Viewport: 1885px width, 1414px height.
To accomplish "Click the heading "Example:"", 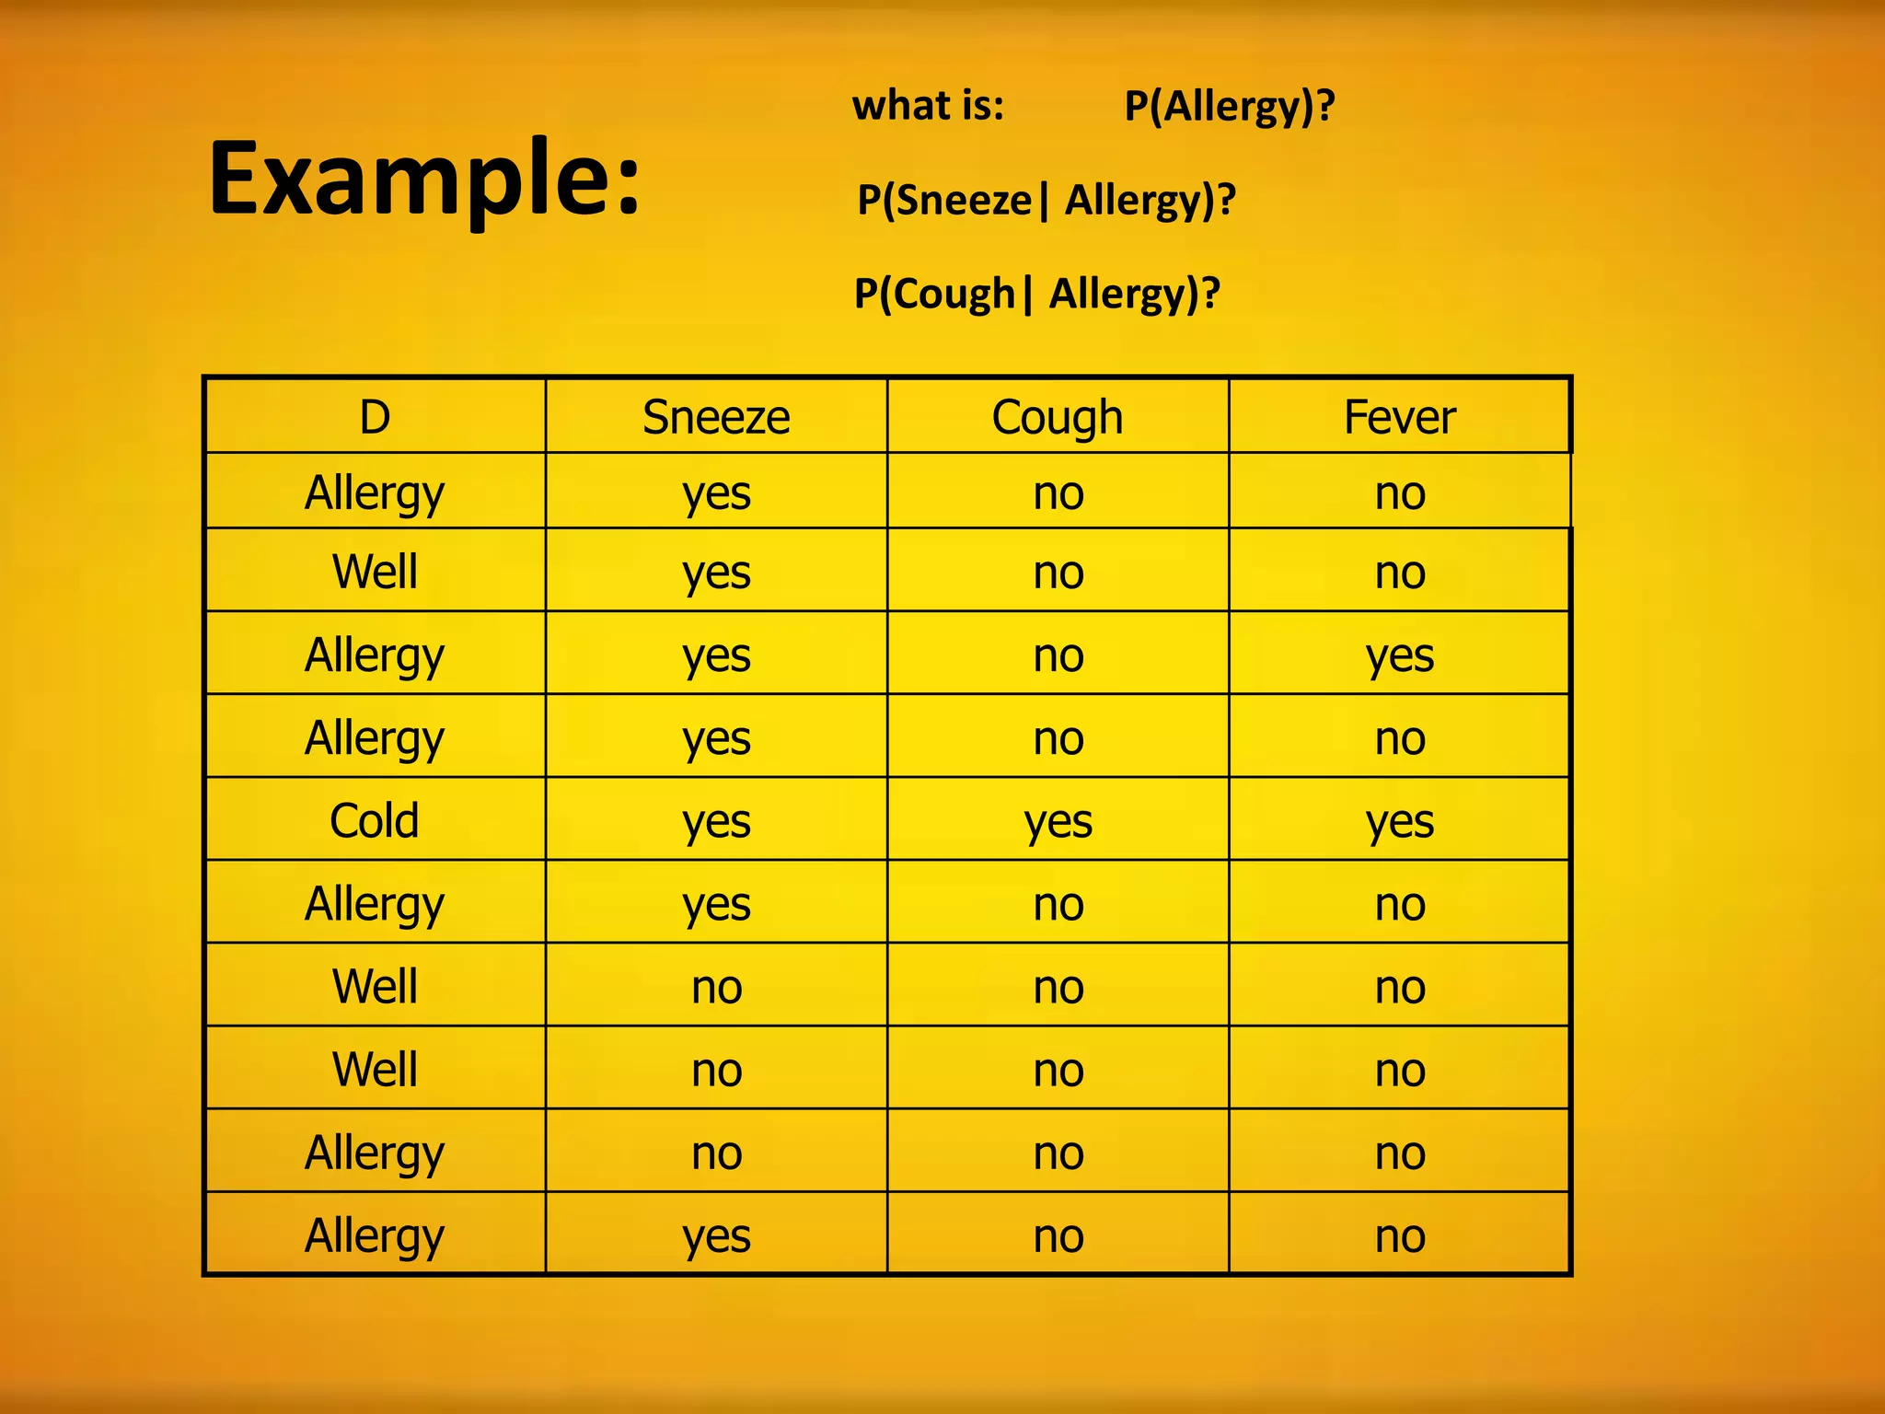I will tap(424, 180).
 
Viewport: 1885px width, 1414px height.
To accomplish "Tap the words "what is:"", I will tap(928, 105).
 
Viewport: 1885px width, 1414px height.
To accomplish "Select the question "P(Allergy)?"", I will tap(1229, 107).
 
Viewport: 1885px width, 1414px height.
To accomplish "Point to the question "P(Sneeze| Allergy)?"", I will tap(1046, 201).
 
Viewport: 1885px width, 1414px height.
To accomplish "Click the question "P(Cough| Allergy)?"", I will tap(1036, 295).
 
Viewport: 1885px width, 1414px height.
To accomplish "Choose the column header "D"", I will tap(375, 417).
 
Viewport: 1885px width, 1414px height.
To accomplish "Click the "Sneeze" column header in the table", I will tap(716, 417).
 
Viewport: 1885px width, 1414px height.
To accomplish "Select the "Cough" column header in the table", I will tap(1058, 418).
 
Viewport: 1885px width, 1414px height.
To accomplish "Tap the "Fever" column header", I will tap(1399, 417).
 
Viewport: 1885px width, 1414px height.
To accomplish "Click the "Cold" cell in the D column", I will tap(375, 820).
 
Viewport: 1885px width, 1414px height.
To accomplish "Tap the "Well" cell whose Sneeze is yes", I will tap(375, 571).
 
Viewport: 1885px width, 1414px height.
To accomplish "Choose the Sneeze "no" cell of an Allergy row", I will tap(716, 1153).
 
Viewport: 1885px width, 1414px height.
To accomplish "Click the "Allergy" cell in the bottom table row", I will tap(375, 1235).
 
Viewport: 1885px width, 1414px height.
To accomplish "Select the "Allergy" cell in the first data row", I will tap(375, 493).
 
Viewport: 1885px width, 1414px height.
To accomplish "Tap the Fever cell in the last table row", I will tap(1399, 1235).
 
